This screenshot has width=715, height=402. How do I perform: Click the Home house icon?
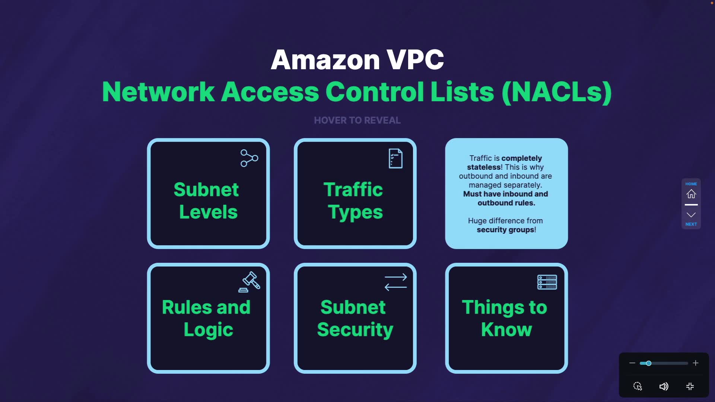(691, 194)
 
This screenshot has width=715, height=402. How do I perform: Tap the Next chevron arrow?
(691, 215)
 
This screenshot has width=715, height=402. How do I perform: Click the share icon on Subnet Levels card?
(249, 158)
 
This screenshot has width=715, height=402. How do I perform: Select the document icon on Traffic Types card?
(395, 159)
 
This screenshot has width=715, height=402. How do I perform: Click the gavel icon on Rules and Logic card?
(250, 282)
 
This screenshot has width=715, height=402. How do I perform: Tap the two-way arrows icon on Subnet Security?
(395, 282)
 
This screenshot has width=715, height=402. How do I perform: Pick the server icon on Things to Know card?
(547, 282)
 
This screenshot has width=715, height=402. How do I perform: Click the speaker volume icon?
(664, 386)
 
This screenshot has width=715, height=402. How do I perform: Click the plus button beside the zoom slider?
(696, 363)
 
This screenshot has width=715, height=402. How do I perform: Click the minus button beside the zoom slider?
(632, 363)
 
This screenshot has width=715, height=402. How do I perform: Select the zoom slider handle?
(648, 363)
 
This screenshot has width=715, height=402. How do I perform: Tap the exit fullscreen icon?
(690, 386)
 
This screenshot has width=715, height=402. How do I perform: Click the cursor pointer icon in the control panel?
(638, 386)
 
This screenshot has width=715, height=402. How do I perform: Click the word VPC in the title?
(415, 60)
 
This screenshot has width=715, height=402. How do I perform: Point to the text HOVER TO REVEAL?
(357, 120)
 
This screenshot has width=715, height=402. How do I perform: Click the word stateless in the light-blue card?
(483, 167)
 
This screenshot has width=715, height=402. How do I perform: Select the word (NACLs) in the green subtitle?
(557, 92)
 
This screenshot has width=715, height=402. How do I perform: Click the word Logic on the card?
(208, 330)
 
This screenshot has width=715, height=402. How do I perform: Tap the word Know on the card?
(506, 329)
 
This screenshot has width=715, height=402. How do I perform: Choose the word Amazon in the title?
(325, 60)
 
